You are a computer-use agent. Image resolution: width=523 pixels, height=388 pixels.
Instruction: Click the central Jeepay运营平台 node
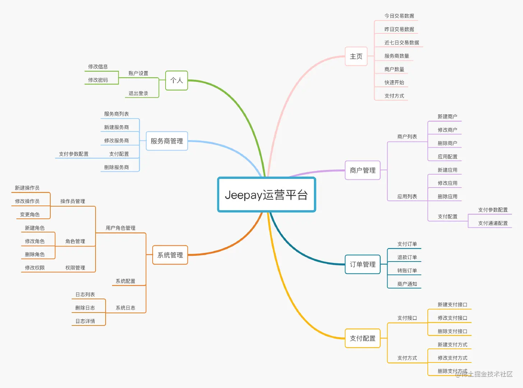266,195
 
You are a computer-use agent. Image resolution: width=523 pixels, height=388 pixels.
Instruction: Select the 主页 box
356,56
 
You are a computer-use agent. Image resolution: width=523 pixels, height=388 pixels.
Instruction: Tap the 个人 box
176,80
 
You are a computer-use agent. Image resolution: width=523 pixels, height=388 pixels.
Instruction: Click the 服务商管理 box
167,141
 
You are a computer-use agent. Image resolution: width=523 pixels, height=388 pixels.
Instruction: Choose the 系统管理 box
170,255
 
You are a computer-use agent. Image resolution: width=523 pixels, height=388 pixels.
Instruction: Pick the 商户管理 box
362,170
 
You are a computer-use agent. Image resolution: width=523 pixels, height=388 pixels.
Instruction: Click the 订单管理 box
362,264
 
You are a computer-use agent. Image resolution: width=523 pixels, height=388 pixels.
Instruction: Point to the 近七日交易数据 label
402,42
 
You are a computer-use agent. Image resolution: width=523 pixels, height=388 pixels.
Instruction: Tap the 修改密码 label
98,80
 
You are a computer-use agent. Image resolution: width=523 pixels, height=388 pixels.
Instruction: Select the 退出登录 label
138,93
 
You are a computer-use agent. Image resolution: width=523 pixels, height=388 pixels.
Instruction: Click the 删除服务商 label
116,167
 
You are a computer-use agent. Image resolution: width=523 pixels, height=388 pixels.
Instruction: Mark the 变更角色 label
30,214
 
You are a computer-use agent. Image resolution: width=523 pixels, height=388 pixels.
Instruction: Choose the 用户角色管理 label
120,228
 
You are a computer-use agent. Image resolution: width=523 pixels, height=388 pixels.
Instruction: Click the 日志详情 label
85,321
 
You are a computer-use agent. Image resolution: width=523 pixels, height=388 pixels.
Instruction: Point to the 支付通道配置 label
493,223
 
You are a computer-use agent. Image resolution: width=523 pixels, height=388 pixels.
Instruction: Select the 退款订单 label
407,257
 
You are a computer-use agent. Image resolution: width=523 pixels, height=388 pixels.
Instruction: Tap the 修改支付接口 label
452,318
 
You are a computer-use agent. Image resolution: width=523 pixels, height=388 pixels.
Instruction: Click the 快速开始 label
394,82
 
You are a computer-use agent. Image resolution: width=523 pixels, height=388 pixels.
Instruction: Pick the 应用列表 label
407,197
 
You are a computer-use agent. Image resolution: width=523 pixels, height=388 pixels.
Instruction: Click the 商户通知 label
407,284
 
